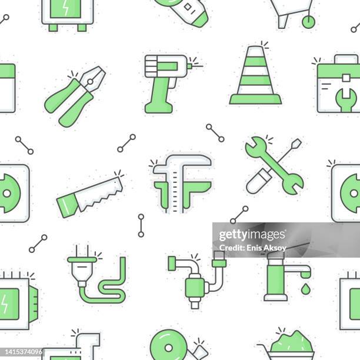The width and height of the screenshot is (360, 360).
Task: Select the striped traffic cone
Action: coord(255,76)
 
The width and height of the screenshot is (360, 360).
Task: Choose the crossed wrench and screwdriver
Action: coord(274,165)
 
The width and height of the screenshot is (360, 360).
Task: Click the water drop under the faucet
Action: coord(305,289)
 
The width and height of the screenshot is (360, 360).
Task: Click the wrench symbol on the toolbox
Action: coord(345,96)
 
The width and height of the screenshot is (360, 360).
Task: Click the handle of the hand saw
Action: coord(68,205)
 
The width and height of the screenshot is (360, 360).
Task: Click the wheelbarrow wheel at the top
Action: coord(308,22)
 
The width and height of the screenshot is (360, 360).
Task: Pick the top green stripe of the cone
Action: coord(255,61)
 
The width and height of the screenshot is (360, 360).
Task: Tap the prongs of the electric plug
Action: coord(81,251)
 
